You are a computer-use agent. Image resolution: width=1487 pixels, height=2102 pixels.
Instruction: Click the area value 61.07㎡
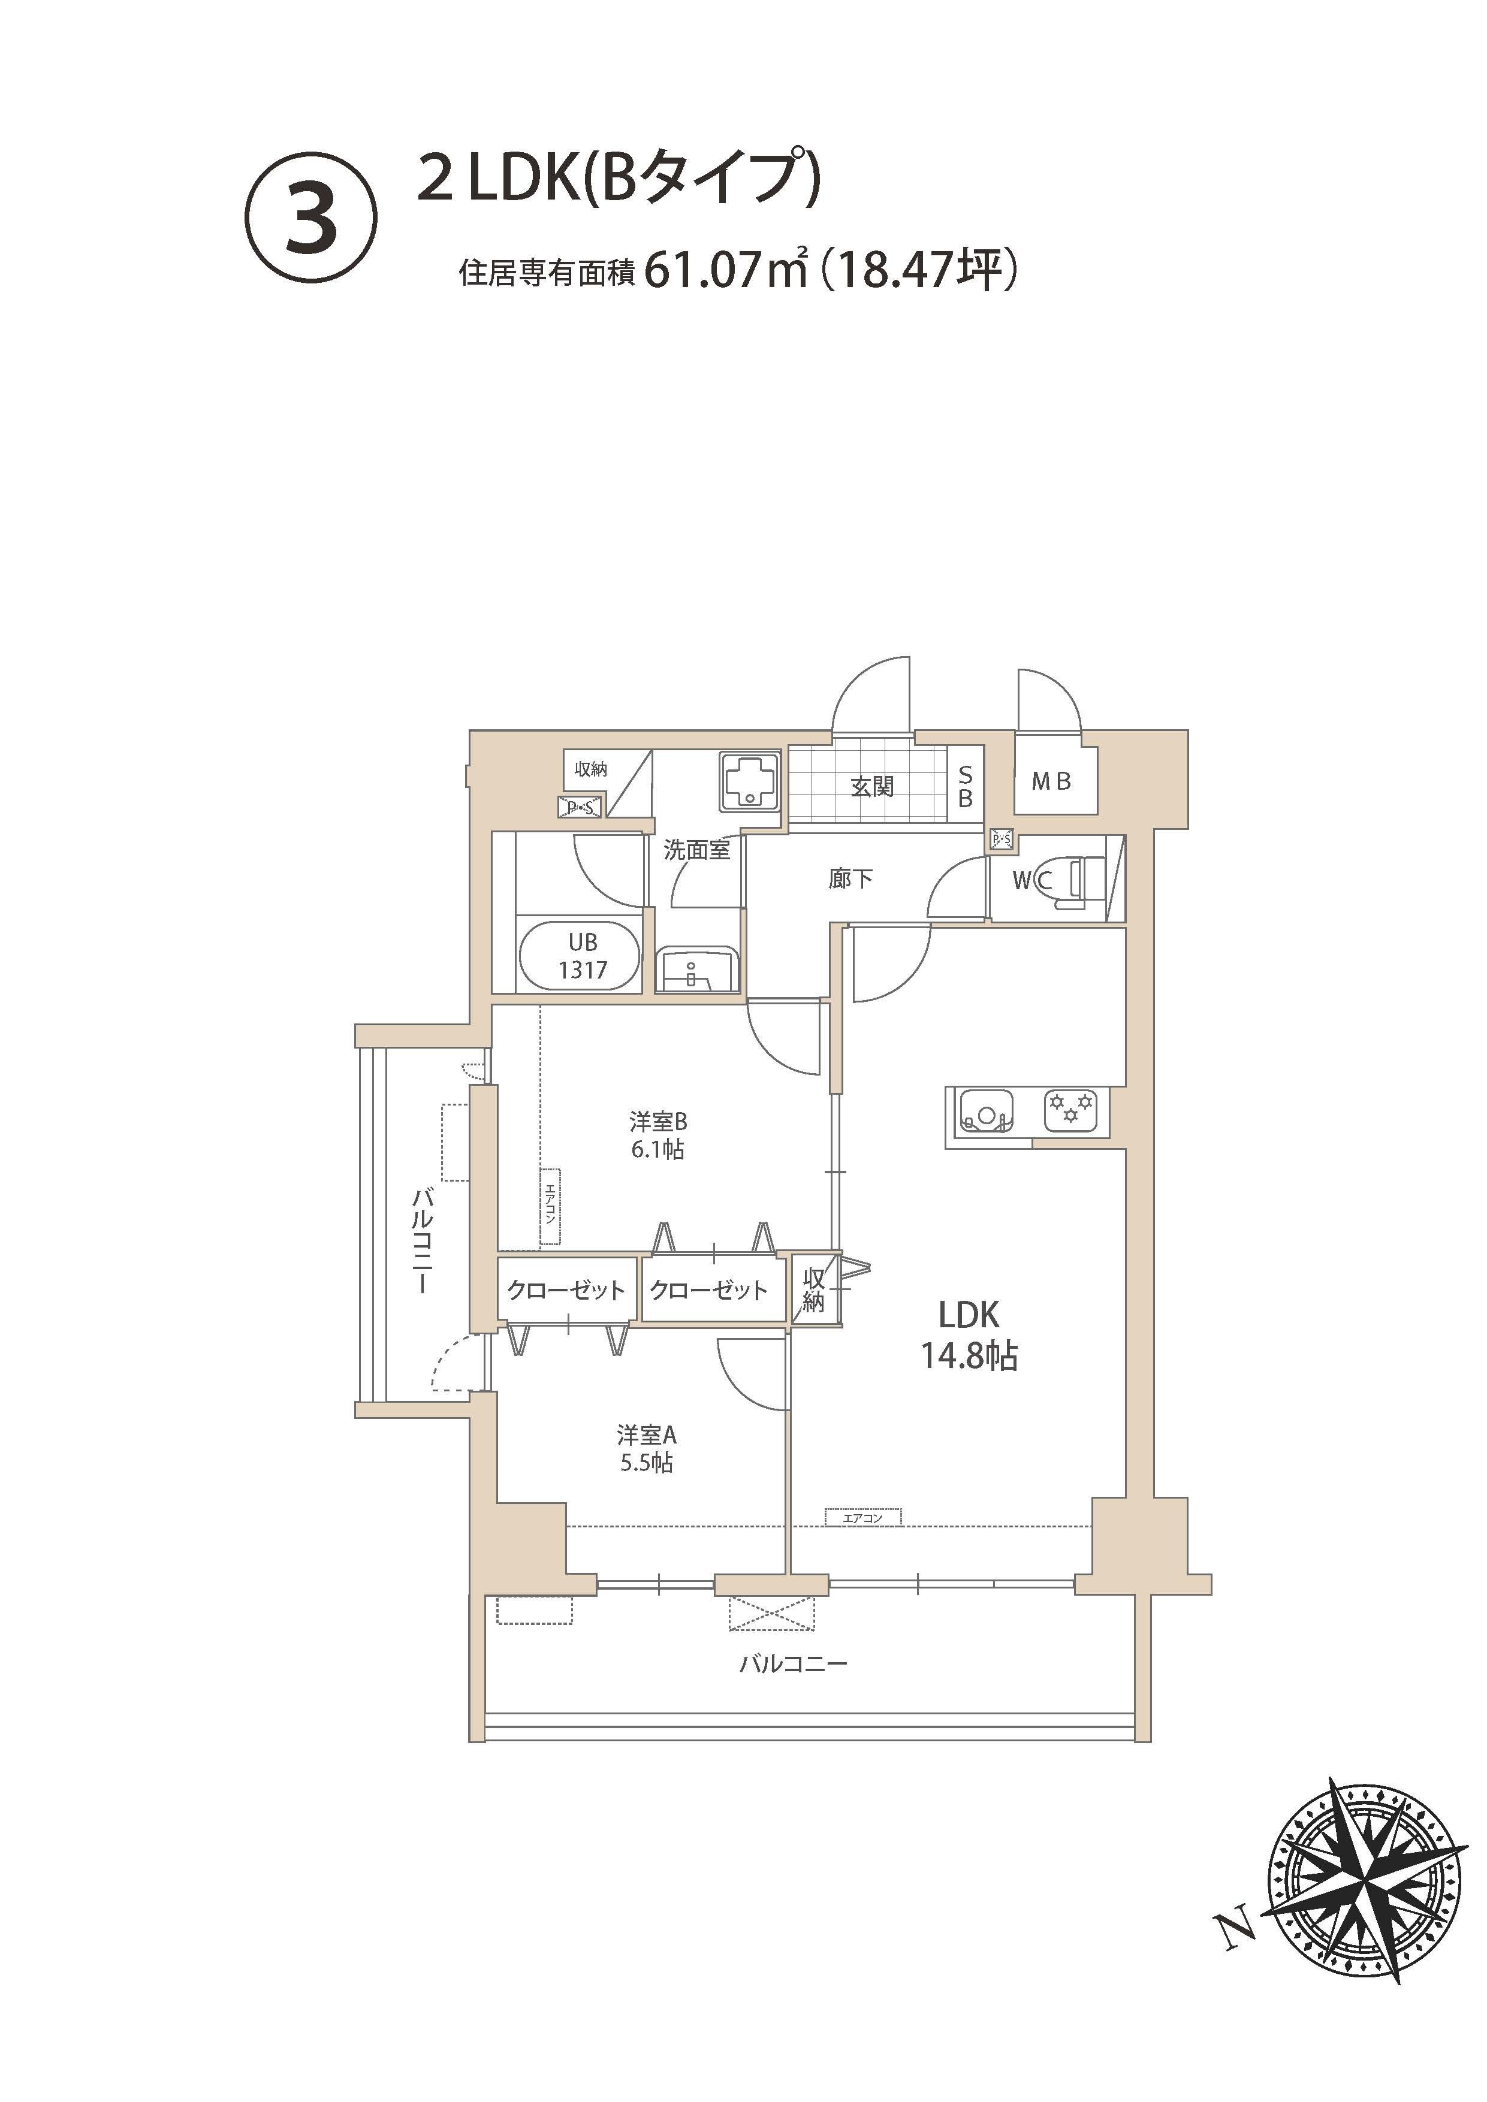coord(725,270)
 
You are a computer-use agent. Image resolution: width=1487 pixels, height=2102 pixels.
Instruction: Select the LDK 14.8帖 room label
coord(969,1335)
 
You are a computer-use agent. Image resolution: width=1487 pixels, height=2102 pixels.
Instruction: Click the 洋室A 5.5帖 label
coord(647,1448)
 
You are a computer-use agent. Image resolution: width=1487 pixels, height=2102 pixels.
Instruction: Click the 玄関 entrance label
coord(871,786)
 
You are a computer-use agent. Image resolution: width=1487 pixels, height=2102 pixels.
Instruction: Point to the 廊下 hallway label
coord(850,879)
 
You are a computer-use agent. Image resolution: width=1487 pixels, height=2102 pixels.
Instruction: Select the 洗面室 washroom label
coord(697,850)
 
